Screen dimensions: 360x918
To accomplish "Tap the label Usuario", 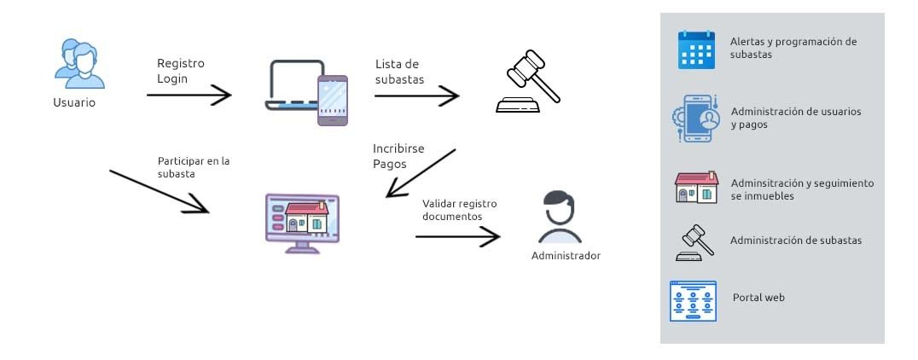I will coord(73,103).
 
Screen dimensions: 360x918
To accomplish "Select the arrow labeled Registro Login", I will coord(189,95).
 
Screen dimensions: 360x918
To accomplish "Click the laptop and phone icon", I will coord(307,93).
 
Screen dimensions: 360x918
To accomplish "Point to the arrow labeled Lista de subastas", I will coord(416,96).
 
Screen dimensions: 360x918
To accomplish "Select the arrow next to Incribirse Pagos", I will coord(421,174).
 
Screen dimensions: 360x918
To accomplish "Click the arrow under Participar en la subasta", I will coord(160,191).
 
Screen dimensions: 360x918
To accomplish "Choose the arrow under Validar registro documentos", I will coord(457,236).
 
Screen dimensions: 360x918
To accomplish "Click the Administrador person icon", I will coord(561,218).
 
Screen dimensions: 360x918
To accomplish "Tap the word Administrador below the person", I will coord(566,255).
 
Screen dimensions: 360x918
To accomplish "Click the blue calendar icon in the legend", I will coord(695,49).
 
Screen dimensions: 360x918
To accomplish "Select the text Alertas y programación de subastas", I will coord(793,47).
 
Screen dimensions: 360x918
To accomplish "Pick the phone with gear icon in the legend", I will coord(696,119).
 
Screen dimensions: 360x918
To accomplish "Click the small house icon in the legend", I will coord(696,189).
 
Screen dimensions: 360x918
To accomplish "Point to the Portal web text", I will coord(758,298).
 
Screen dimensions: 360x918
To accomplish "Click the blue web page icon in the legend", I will coord(693,300).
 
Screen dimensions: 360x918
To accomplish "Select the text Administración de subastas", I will coord(795,241).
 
